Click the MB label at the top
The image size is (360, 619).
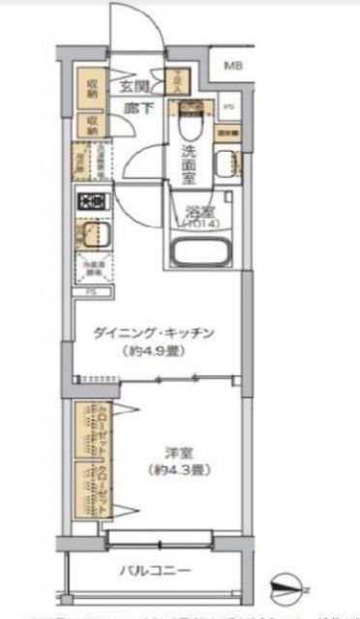click(x=232, y=66)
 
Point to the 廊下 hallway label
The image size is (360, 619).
click(x=136, y=108)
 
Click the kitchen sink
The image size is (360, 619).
click(x=94, y=236)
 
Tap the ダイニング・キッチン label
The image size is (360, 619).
click(x=161, y=334)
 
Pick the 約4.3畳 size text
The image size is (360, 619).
click(x=174, y=470)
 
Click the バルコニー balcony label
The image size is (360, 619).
click(x=156, y=570)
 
